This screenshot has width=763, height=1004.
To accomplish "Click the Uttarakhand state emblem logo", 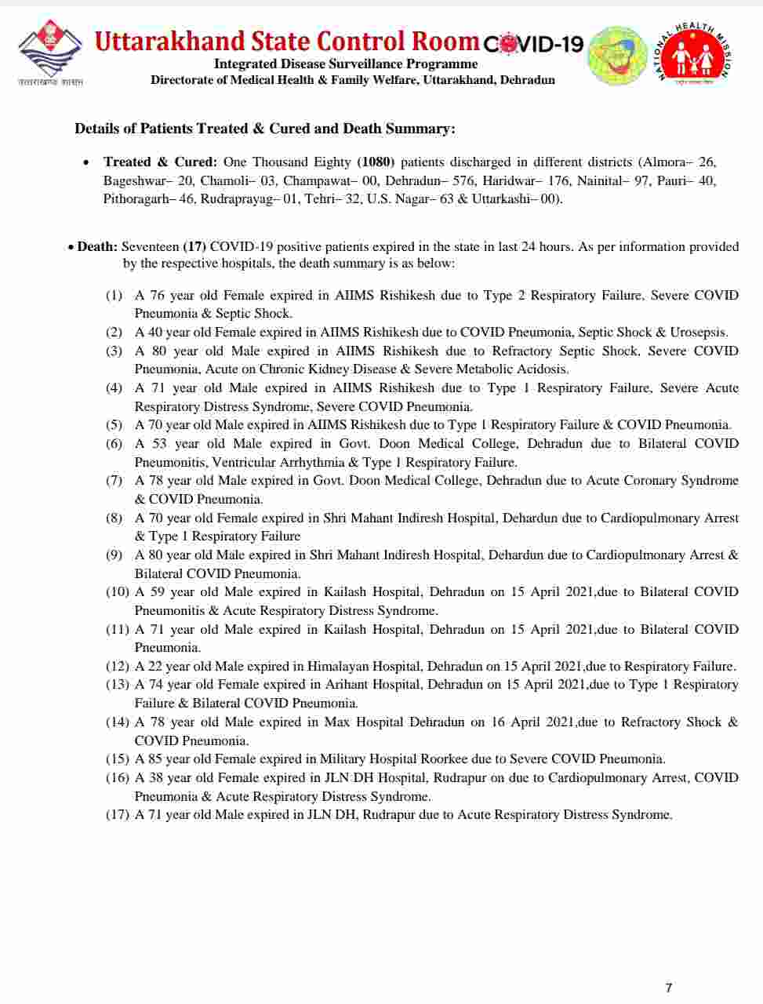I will pos(49,53).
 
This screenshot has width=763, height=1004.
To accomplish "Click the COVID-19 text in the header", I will pos(533,44).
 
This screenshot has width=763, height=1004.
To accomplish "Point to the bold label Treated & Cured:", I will pos(160,162).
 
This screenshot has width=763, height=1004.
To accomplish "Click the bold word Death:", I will pos(97,247).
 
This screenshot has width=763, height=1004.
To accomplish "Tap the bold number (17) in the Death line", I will pos(194,247).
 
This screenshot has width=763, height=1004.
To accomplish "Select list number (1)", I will pos(114,296).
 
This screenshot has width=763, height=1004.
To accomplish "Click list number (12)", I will pos(118,667).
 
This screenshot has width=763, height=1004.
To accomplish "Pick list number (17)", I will pos(118,815).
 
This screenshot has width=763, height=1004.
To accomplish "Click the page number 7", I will pos(668,988).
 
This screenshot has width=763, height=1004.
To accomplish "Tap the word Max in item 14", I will pos(337,722).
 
